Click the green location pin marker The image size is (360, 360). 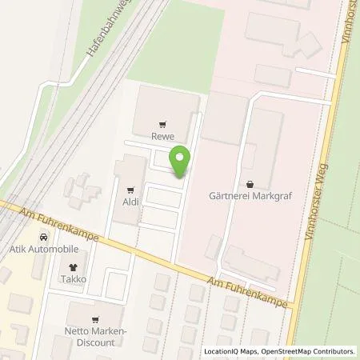182,162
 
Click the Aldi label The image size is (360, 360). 130,202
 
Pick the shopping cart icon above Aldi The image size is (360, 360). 130,190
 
